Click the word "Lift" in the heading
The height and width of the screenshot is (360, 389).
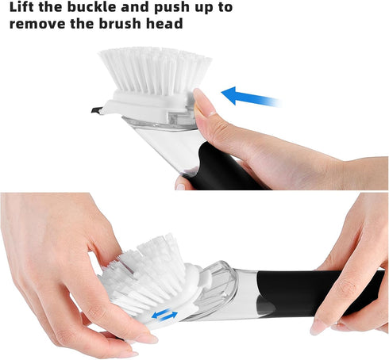(x=25, y=7)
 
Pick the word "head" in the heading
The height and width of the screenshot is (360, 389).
(x=168, y=23)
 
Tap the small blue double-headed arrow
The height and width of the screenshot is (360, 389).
(x=164, y=316)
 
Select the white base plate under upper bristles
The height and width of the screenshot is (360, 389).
(x=151, y=101)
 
